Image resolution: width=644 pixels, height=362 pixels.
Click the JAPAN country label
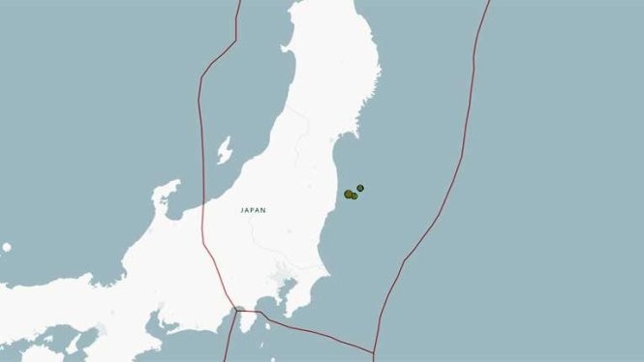[254, 209]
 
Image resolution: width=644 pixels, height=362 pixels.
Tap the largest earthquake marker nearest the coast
[349, 194]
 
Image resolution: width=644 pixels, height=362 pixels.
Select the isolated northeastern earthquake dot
[360, 187]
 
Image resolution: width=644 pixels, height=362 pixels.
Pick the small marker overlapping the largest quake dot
[354, 196]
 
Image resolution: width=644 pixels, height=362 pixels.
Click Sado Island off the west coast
[225, 150]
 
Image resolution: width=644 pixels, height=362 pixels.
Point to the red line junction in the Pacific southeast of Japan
[373, 350]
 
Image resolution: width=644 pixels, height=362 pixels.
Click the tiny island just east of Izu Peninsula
[263, 329]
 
